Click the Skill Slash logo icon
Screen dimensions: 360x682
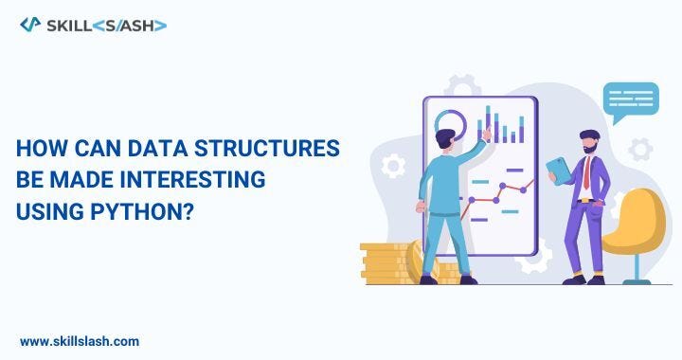pos(28,25)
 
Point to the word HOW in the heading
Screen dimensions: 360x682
pos(39,149)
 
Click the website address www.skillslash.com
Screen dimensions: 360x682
pos(79,340)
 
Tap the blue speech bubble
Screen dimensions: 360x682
pos(631,100)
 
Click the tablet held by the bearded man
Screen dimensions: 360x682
pos(559,171)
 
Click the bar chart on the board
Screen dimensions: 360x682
pos(502,125)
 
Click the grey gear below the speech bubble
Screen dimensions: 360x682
pos(640,148)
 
